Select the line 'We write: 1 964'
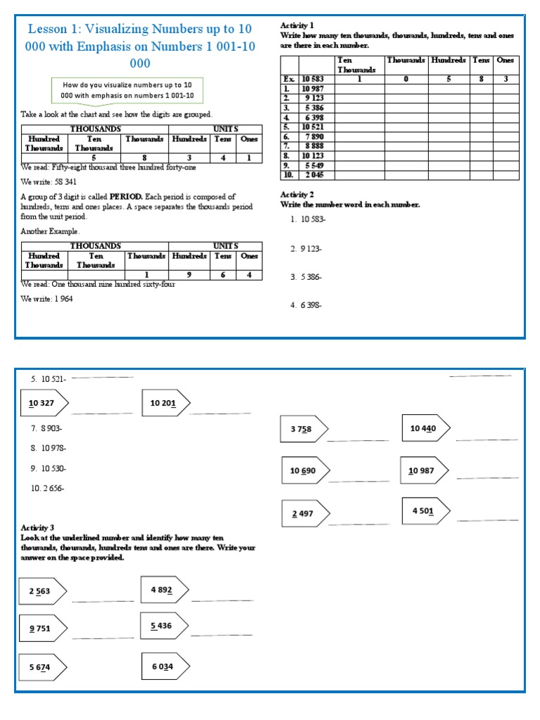coord(46,298)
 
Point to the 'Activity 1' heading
coord(297,25)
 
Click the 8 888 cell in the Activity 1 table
coord(313,146)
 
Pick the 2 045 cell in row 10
coord(313,174)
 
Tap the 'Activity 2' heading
coord(297,194)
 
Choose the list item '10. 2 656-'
coord(47,488)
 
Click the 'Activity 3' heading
coord(37,527)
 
